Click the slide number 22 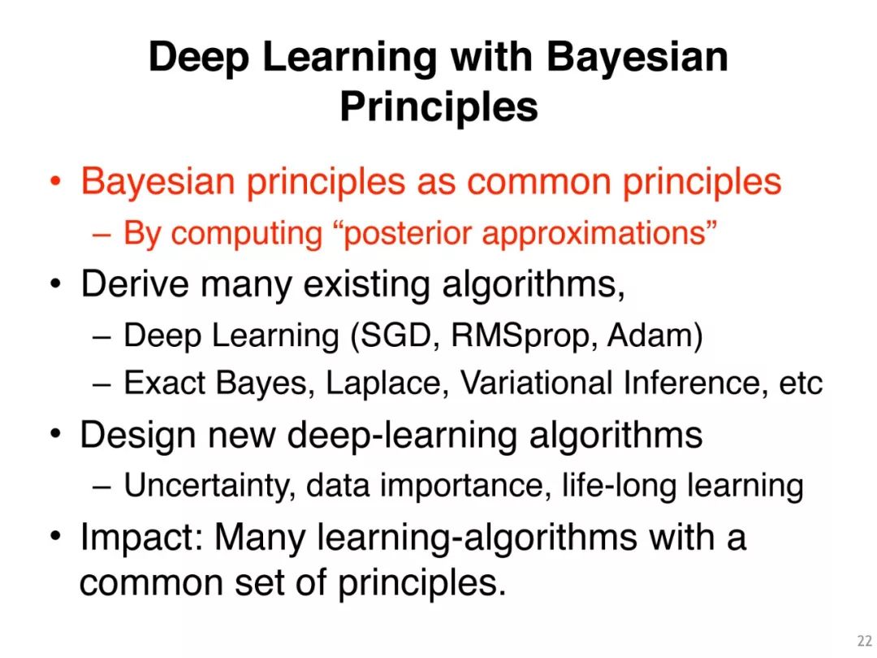pos(864,641)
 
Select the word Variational pos(536,383)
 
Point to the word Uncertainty pos(210,486)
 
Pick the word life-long pos(619,484)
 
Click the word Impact pos(142,538)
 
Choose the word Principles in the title pos(439,106)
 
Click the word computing pos(247,235)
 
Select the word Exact pos(165,383)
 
